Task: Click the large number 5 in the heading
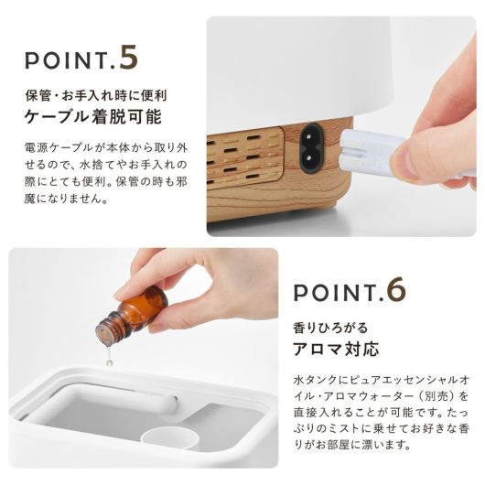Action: click(129, 58)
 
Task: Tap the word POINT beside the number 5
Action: click(66, 61)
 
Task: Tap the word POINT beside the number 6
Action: click(334, 293)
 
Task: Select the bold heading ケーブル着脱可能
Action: click(93, 117)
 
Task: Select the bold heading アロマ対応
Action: click(336, 349)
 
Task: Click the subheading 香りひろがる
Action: click(330, 328)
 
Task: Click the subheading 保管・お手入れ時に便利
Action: click(96, 96)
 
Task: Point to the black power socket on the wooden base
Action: click(311, 148)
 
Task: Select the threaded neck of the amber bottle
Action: click(108, 328)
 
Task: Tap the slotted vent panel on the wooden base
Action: click(245, 157)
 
